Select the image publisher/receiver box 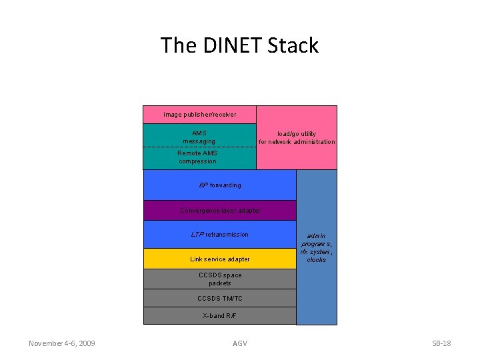tap(200, 115)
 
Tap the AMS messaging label tap(199, 137)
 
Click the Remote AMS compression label tap(197, 157)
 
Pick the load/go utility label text tap(297, 137)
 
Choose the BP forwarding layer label tap(220, 185)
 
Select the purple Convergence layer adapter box tap(220, 211)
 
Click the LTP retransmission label tap(219, 235)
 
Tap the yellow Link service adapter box tap(220, 259)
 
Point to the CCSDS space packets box tap(220, 279)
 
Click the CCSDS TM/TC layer tap(220, 298)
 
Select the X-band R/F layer tap(220, 315)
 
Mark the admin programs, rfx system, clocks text tap(317, 247)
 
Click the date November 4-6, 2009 tap(61, 343)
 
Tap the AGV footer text tap(239, 343)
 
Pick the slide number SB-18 tap(441, 343)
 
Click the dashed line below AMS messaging tap(200, 146)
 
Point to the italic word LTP tap(197, 235)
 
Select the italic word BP tap(203, 185)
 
